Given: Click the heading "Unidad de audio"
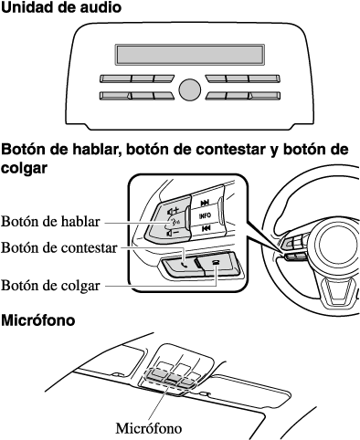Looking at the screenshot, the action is pyautogui.click(x=61, y=7).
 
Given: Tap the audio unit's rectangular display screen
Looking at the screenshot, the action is pyautogui.click(x=189, y=55).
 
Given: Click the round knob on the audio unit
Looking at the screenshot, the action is pyautogui.click(x=189, y=90).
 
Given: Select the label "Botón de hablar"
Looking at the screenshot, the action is pyautogui.click(x=50, y=221).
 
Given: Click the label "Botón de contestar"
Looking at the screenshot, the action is pyautogui.click(x=59, y=247).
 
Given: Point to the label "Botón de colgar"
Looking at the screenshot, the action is pyautogui.click(x=50, y=286).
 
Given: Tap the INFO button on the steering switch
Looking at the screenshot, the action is pyautogui.click(x=205, y=215).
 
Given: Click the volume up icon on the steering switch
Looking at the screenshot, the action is pyautogui.click(x=173, y=210).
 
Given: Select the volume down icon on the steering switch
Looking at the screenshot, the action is pyautogui.click(x=173, y=234).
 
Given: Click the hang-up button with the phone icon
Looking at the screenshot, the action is pyautogui.click(x=218, y=263).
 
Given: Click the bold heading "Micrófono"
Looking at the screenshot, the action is pyautogui.click(x=38, y=320).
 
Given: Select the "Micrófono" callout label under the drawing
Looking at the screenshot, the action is pyautogui.click(x=149, y=428).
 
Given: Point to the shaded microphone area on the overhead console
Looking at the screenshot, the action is pyautogui.click(x=171, y=377).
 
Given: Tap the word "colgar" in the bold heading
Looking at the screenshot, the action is pyautogui.click(x=24, y=168).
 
